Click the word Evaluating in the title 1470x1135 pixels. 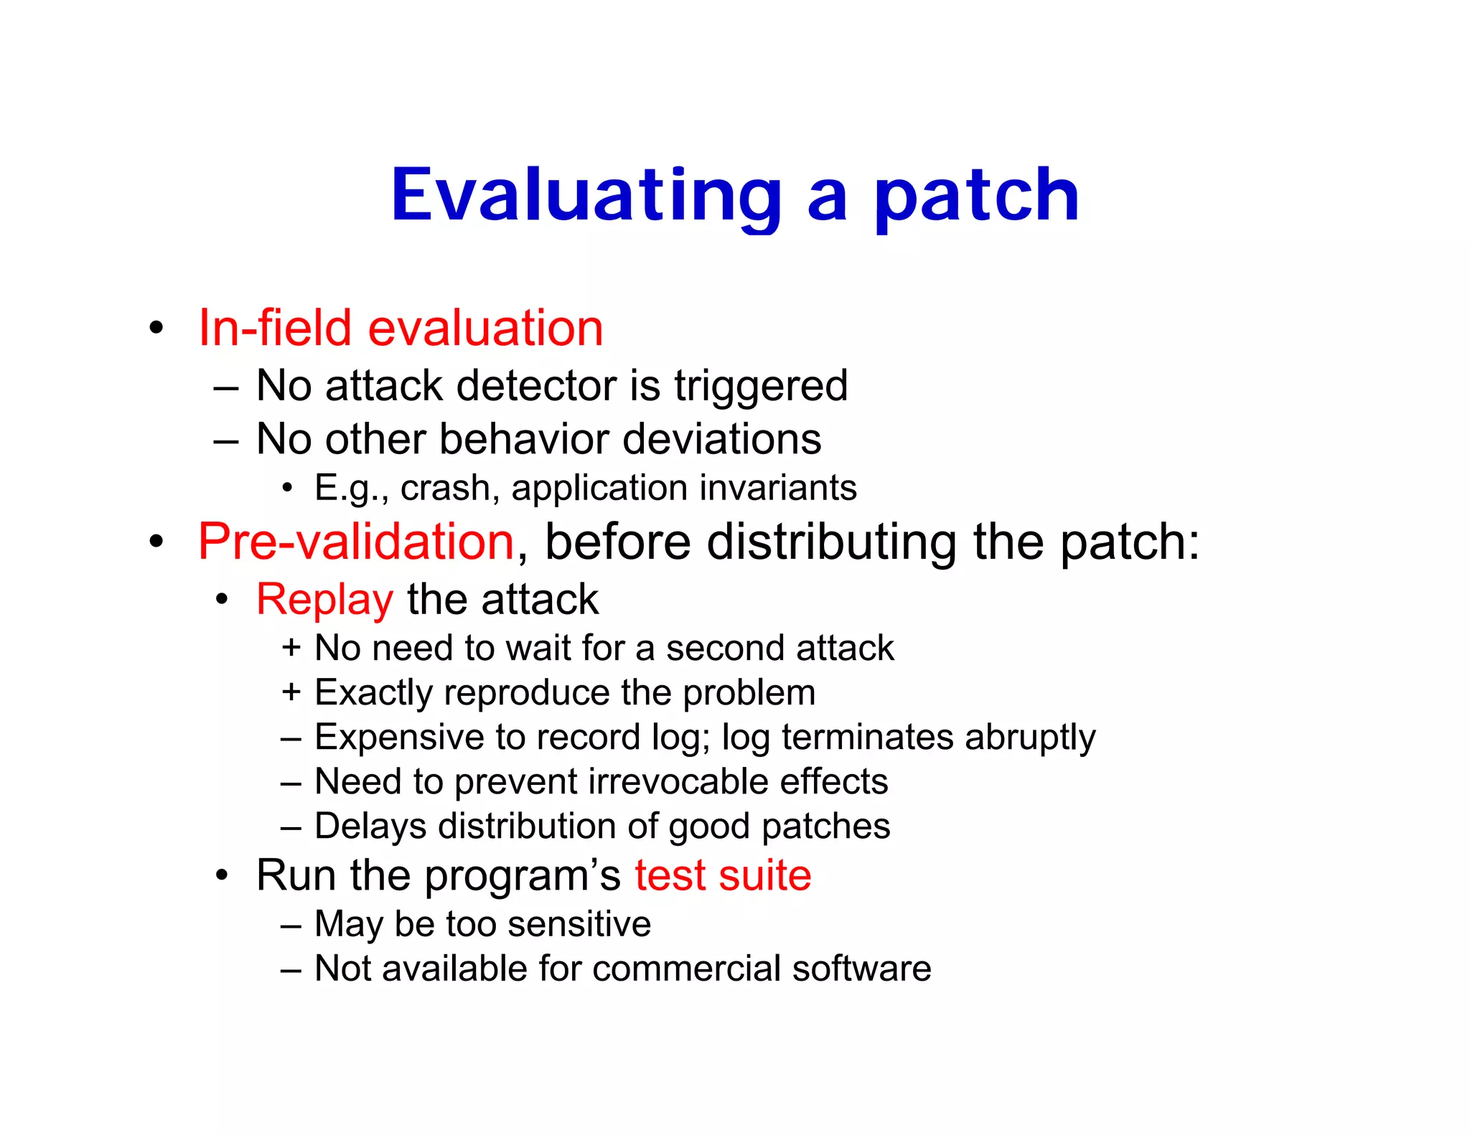coord(586,195)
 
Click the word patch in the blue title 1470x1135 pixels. coord(976,195)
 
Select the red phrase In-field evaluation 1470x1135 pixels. coord(401,328)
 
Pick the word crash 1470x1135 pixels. coord(445,488)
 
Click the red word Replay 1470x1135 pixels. coord(324,599)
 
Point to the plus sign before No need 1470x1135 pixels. coord(291,647)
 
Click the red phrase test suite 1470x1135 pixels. coord(723,875)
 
